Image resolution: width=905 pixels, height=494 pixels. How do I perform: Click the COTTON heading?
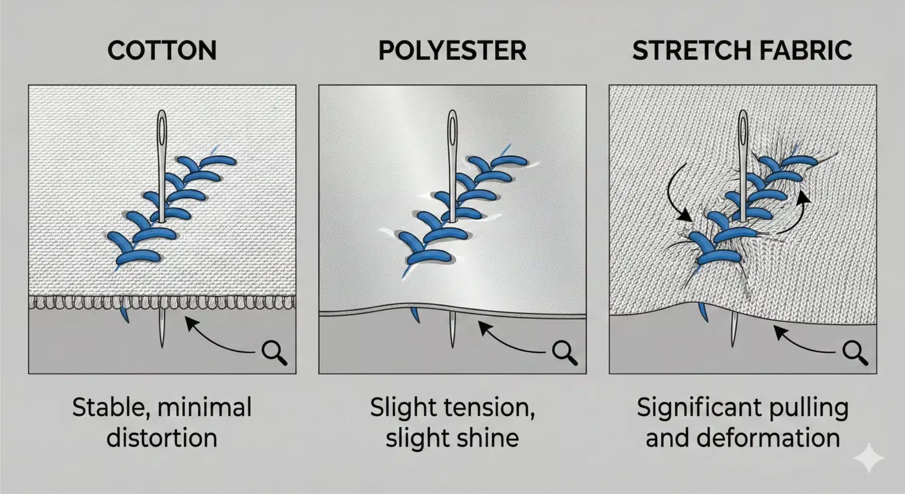[x=162, y=50]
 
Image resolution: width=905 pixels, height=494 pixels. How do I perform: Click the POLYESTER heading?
[x=452, y=50]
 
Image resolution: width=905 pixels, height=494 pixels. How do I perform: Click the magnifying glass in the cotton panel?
[x=274, y=352]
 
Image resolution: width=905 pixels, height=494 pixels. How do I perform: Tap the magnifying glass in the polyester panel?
[x=564, y=352]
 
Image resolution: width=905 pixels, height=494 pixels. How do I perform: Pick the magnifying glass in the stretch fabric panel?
[x=855, y=352]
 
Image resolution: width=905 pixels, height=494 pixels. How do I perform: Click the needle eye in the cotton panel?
[x=162, y=129]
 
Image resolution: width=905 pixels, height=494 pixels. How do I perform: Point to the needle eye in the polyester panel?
[x=452, y=129]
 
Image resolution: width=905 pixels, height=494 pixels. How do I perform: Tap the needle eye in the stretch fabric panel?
[x=743, y=129]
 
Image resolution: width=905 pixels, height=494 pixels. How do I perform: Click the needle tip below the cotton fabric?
[x=162, y=347]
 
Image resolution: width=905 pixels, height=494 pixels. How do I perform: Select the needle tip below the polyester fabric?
[x=452, y=347]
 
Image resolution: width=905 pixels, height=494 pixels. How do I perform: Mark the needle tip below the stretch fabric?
[x=732, y=346]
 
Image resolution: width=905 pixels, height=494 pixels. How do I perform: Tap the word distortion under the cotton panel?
[x=162, y=438]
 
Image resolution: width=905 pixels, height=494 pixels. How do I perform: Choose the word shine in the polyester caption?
[x=487, y=438]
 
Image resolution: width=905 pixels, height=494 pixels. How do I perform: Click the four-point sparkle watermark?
[x=869, y=457]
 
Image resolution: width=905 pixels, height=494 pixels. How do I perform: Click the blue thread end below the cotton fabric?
[x=125, y=314]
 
